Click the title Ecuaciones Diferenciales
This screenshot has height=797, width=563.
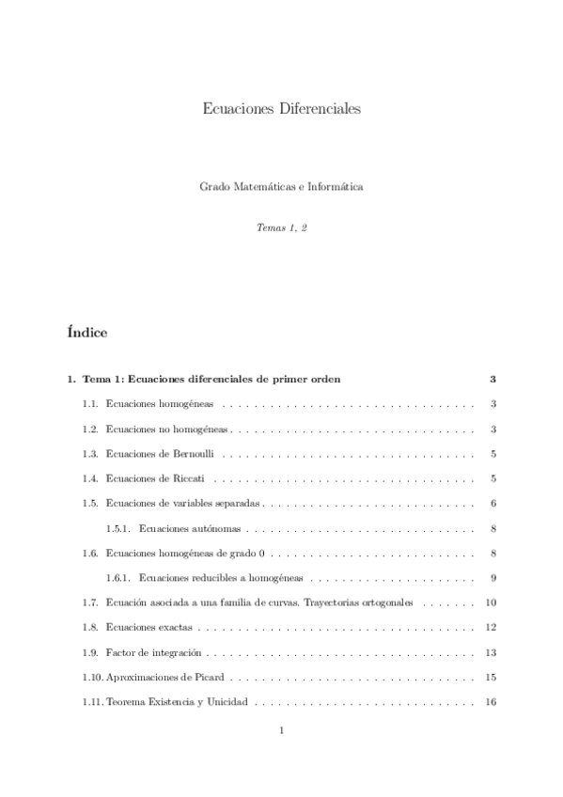[281, 109]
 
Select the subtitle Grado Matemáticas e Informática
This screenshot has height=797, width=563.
[281, 187]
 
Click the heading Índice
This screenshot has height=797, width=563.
[87, 332]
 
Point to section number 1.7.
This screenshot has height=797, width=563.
[90, 602]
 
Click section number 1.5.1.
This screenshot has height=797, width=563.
[117, 527]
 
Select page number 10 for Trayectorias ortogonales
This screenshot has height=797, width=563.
[490, 602]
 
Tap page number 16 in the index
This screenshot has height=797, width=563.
[490, 701]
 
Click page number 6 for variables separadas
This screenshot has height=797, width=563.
[493, 503]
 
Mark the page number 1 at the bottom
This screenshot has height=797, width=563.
[281, 730]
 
